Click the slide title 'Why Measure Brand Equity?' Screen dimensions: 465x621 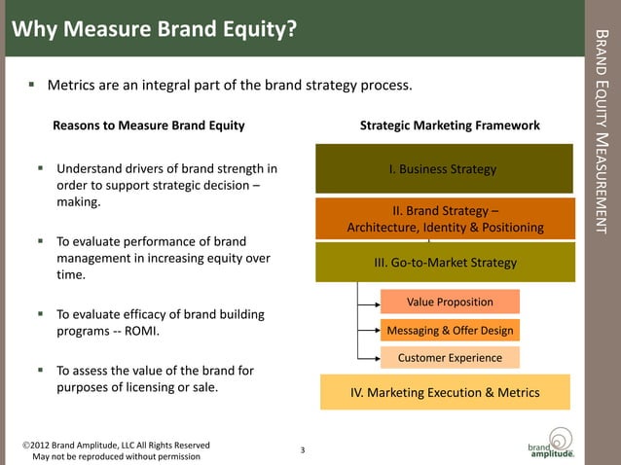pos(154,30)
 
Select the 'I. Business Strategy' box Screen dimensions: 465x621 pos(443,169)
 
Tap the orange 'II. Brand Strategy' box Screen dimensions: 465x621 pos(445,218)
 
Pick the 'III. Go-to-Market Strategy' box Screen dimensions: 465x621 pos(445,263)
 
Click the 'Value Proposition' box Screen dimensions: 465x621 pos(449,302)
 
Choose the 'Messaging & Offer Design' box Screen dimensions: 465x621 pos(450,330)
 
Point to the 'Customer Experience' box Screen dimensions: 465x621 pos(450,357)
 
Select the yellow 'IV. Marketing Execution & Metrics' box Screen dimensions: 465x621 pos(445,392)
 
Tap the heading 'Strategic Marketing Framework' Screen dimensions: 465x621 pos(450,125)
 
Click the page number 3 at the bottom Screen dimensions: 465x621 pos(303,449)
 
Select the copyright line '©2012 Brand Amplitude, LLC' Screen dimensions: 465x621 pos(116,446)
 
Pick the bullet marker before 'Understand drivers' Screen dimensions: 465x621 pos(41,167)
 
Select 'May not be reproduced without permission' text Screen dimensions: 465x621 pos(116,456)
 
